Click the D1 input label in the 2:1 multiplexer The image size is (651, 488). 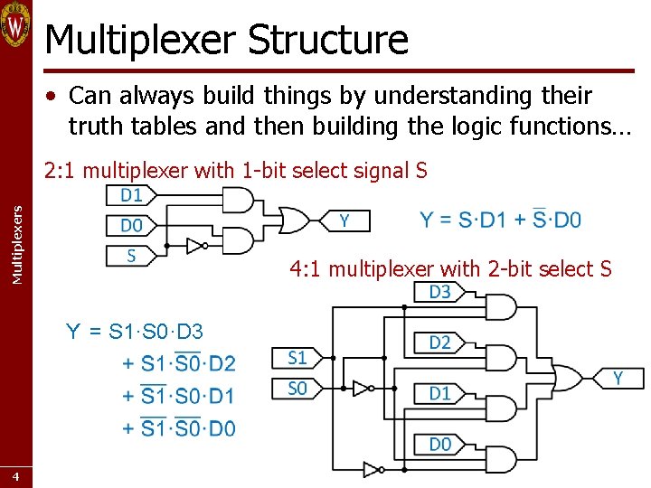click(131, 195)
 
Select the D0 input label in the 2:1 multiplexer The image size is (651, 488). click(131, 224)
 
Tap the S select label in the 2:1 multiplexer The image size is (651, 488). click(131, 255)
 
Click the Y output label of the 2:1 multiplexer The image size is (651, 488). click(344, 221)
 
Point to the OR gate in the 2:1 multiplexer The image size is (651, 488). click(294, 220)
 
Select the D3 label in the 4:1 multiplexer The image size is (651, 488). click(439, 292)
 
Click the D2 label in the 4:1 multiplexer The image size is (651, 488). click(439, 343)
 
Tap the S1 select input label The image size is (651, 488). click(297, 358)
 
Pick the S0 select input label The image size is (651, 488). click(297, 389)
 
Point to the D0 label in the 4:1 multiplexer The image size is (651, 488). click(439, 444)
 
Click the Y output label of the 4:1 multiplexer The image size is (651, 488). click(618, 378)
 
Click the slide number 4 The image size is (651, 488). click(15, 476)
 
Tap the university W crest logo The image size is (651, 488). click(15, 24)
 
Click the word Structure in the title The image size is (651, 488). click(327, 39)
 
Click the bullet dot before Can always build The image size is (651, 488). click(55, 97)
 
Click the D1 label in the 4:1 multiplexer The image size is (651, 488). click(439, 393)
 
